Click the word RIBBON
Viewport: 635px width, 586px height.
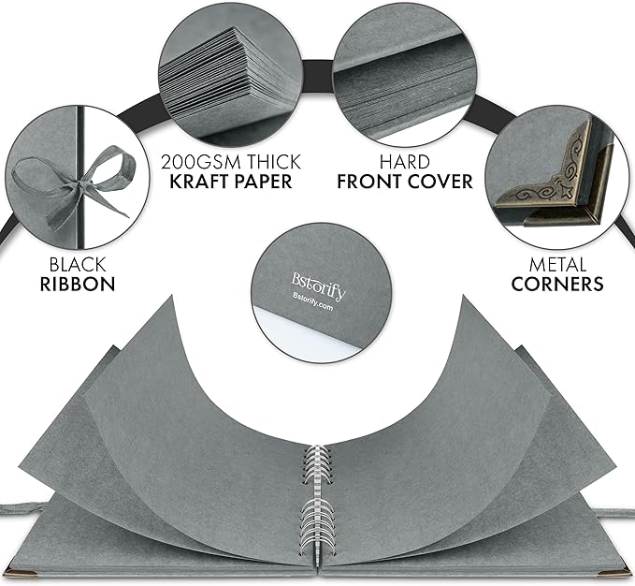click(78, 284)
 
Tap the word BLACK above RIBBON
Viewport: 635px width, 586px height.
click(78, 265)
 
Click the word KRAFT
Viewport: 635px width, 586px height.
click(197, 182)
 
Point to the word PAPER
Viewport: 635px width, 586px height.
click(261, 182)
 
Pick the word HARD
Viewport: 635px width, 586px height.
click(405, 162)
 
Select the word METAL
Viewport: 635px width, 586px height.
click(557, 265)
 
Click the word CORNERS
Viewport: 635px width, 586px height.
click(557, 284)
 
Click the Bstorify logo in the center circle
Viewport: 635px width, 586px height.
click(319, 286)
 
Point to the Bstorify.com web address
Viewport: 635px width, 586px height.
click(312, 302)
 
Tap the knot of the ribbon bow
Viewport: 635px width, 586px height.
click(82, 185)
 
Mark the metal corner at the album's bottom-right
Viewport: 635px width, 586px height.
click(616, 572)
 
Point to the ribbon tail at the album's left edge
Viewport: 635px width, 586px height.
click(22, 508)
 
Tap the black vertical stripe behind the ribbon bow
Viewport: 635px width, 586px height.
click(80, 178)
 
